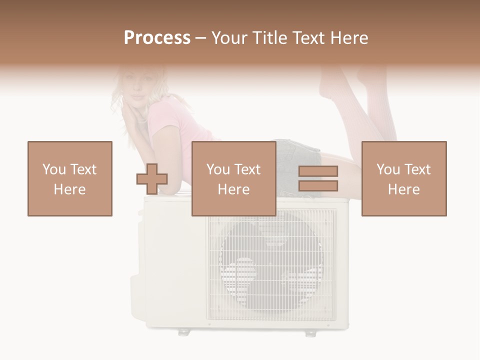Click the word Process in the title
[x=157, y=38]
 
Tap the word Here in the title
[x=349, y=38]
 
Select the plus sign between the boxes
[x=152, y=178]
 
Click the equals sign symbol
[x=318, y=178]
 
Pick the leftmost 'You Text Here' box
[x=70, y=178]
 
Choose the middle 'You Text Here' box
[x=234, y=178]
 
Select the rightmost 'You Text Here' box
[x=404, y=178]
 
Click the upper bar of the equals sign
[x=318, y=171]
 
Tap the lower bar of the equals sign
[x=318, y=186]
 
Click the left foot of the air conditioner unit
[x=184, y=331]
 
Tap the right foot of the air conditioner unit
[x=311, y=332]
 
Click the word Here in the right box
[x=404, y=189]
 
